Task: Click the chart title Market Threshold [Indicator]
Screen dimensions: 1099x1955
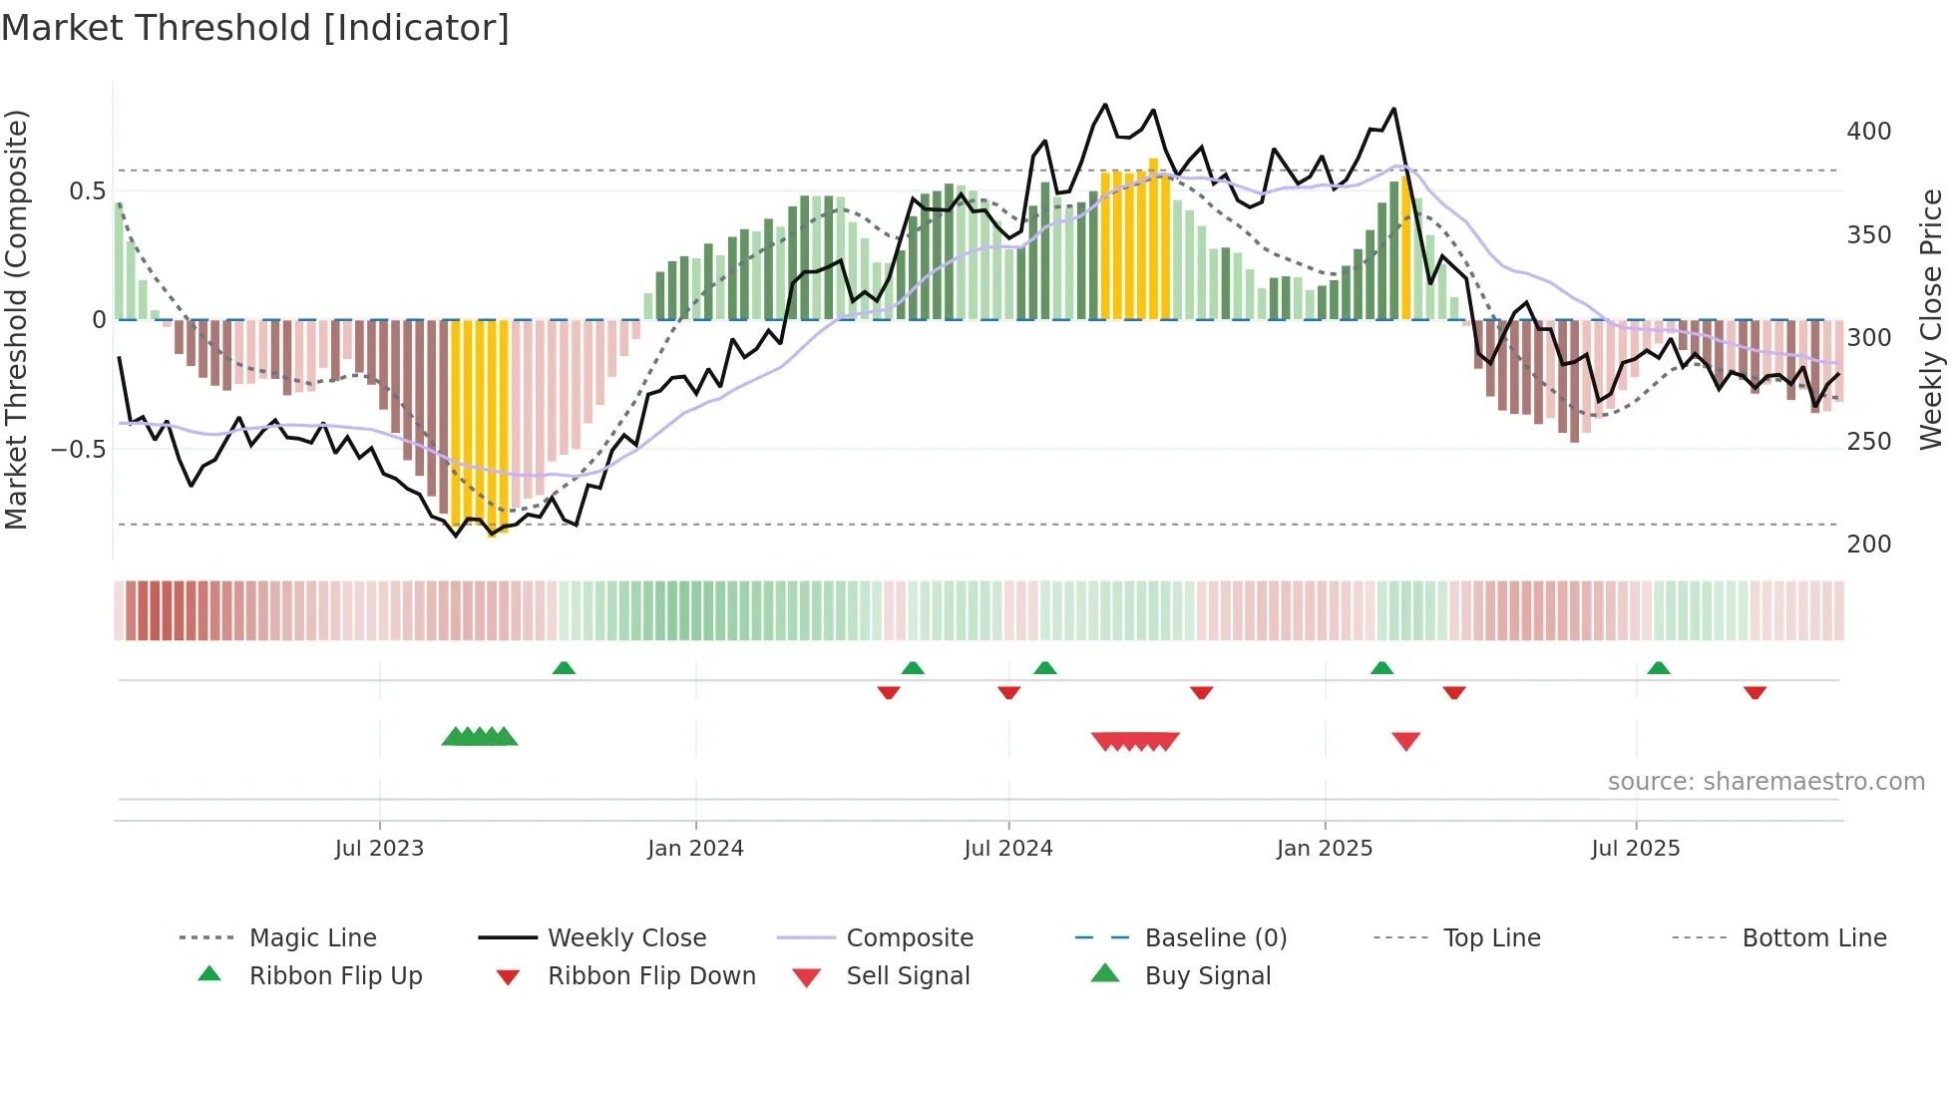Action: [x=255, y=28]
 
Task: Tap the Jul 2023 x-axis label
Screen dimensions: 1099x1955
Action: [x=379, y=849]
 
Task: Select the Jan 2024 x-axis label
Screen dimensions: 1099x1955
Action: [x=695, y=849]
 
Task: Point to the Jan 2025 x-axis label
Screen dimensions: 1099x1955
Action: [x=1325, y=849]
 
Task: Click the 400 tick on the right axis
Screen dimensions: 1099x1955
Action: [x=1868, y=132]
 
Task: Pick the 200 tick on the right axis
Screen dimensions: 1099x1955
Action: [x=1868, y=545]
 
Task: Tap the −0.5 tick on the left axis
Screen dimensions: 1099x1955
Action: [x=79, y=449]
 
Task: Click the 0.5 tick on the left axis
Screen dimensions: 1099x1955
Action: [x=87, y=191]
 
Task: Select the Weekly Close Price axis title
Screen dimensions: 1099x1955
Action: [x=1931, y=319]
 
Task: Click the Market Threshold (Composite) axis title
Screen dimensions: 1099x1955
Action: [x=16, y=319]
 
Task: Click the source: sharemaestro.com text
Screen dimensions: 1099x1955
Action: [x=1765, y=782]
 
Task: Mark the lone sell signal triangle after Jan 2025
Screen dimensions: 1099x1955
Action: [x=1405, y=741]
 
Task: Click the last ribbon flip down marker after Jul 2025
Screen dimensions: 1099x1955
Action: [x=1755, y=692]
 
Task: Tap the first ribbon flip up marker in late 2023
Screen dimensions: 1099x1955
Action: [x=564, y=668]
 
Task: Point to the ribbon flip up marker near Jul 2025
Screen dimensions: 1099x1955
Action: [x=1658, y=668]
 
